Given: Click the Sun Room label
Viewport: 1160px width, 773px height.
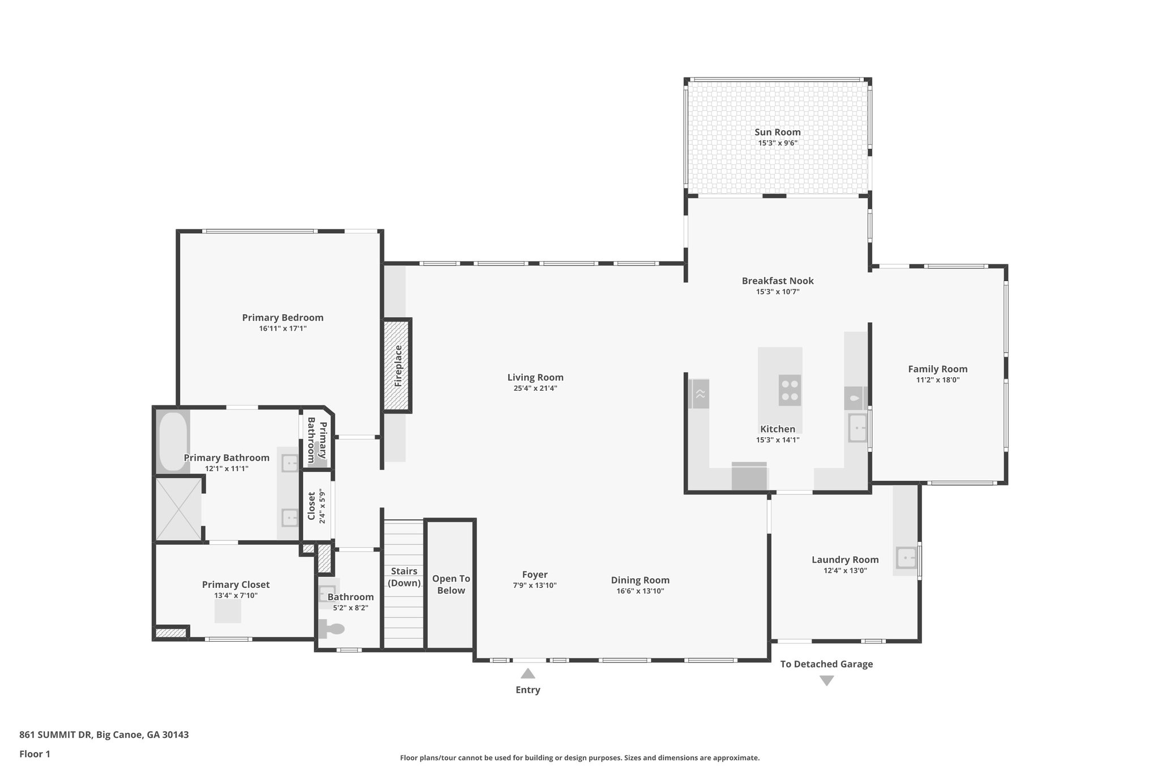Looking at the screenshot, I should coord(777,132).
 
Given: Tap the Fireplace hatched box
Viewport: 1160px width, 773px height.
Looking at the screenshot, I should coord(397,365).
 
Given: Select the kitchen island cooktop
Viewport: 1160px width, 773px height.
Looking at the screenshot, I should coord(790,390).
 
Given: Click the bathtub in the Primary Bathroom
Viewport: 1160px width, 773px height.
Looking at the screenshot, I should coord(173,441).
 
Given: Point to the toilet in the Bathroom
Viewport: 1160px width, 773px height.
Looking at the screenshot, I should coord(333,628).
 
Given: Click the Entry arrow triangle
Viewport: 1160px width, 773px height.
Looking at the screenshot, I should coord(528,673).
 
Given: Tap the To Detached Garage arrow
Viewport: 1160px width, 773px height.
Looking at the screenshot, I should coord(826,680).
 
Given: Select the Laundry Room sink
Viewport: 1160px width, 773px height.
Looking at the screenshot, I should coord(906,558).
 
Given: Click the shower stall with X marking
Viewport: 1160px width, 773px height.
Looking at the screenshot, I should coord(178,509).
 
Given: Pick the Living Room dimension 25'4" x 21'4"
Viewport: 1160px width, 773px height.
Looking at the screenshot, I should coord(535,388).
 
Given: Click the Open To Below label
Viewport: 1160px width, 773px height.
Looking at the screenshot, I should coord(451,584).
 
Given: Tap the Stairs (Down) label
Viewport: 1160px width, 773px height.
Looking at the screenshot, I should coord(404,577).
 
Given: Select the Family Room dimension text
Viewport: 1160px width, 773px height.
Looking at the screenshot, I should coord(937,380).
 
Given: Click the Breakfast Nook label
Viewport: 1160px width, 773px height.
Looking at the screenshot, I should coord(778,281).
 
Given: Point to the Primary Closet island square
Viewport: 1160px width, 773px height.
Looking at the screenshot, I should coord(228,612).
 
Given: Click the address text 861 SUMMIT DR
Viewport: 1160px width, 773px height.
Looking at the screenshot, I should coord(56,734).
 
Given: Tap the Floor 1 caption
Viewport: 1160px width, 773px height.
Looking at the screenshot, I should coord(35,754).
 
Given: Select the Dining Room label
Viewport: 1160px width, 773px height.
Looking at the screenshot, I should coord(640,580).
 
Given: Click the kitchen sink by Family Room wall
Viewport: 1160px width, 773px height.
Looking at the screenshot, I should coord(857,428).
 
